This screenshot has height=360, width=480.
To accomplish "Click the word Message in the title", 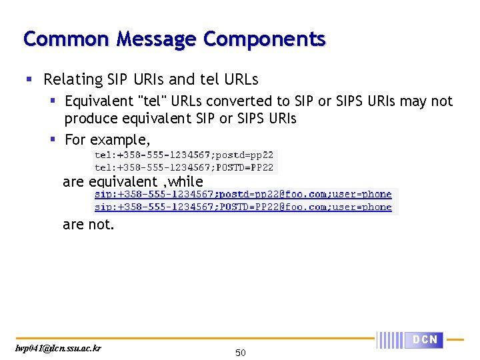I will point(156,39).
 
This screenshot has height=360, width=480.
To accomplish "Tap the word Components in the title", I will point(265,39).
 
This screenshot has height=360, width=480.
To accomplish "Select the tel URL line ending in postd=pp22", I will point(183,155).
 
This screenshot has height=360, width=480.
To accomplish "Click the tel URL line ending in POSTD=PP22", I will point(183,167).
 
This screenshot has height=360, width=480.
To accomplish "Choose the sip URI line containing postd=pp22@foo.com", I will point(243,195).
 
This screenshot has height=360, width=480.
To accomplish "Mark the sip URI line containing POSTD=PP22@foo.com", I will point(243,207).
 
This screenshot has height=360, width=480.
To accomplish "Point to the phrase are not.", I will point(89,225).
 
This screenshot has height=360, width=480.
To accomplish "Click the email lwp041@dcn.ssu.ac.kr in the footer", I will point(59,348).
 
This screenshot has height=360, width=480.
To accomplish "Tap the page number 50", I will point(241,352).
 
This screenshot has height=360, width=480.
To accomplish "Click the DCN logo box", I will point(425,340).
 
